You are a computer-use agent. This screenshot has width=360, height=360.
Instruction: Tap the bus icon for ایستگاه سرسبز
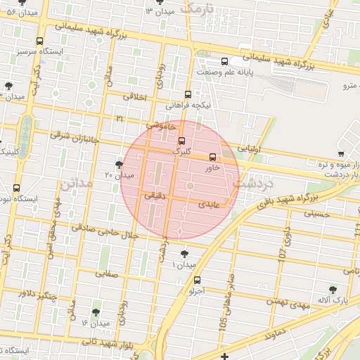(39, 41)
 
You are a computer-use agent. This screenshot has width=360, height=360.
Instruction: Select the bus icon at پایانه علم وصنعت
(224, 61)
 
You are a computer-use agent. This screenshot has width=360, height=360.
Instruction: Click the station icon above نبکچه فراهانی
(188, 94)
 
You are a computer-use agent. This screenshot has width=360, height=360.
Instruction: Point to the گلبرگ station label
(181, 150)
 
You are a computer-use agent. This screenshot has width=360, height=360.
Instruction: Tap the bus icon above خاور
(213, 157)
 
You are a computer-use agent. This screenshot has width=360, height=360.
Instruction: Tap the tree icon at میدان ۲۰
(119, 165)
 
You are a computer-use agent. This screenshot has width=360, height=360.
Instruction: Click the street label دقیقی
(153, 199)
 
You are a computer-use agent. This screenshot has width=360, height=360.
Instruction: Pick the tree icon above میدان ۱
(185, 253)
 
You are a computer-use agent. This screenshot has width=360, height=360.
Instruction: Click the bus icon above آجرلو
(196, 281)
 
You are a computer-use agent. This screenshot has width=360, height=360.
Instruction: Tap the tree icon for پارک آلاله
(333, 289)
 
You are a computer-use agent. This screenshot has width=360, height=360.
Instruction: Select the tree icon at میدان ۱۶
(96, 312)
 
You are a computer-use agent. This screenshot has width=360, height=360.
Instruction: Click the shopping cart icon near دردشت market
(341, 154)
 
